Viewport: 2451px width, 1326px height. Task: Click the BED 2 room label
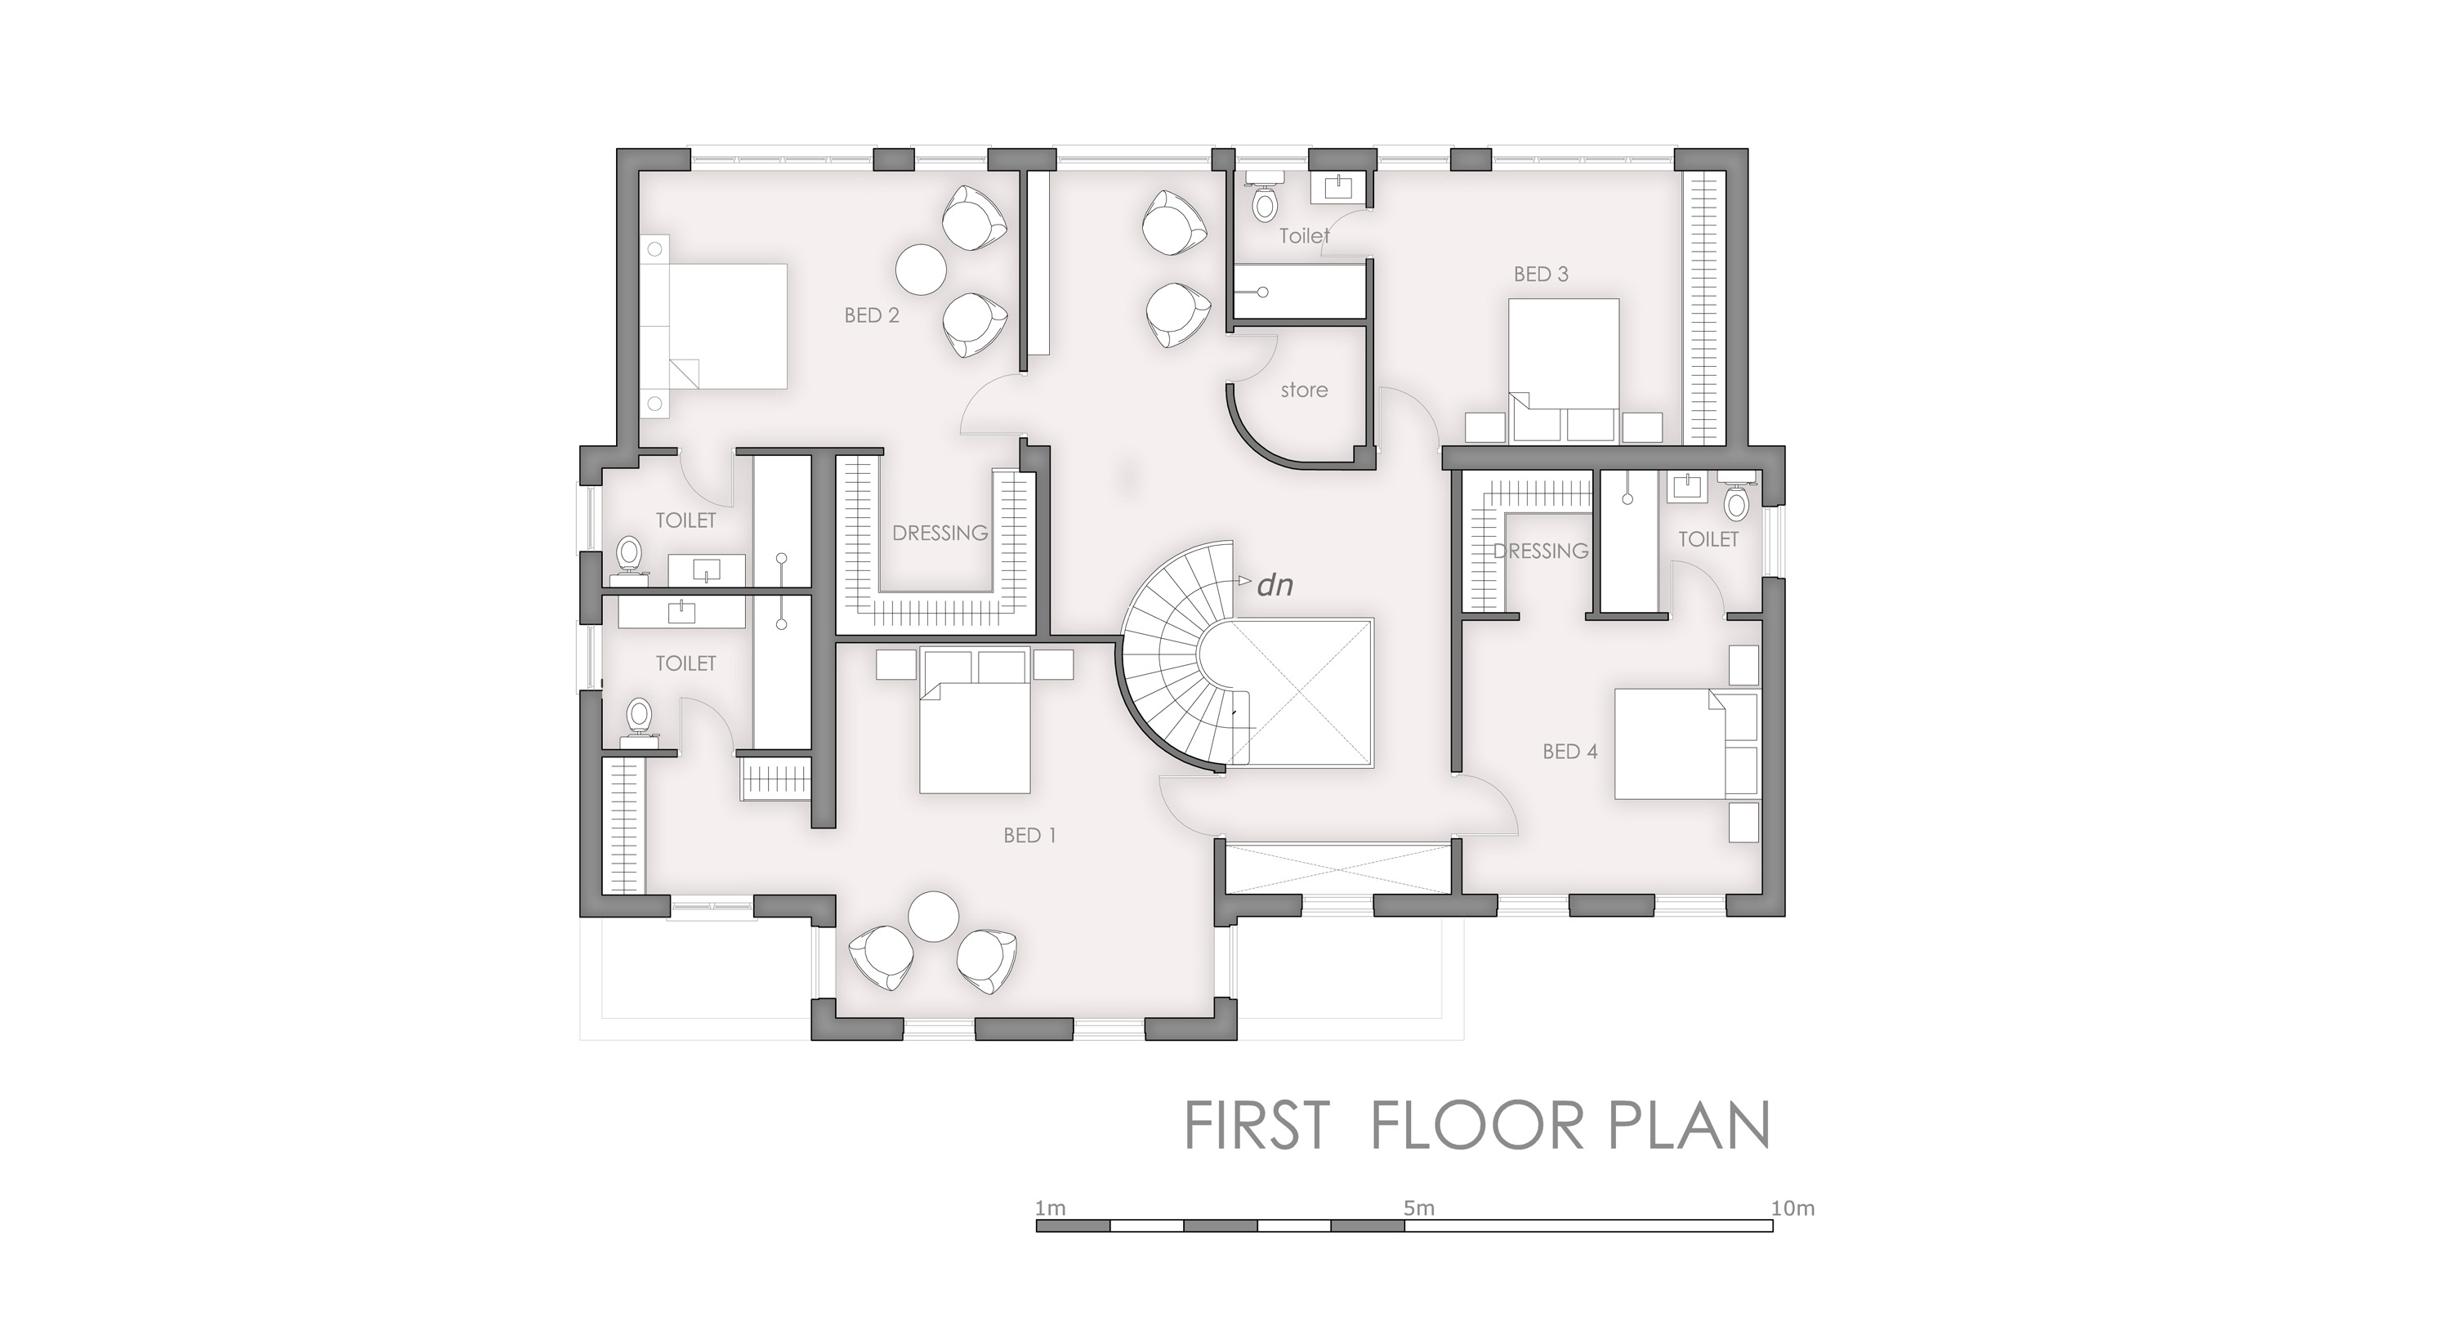coord(872,315)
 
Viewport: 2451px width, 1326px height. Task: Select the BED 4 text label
coord(1570,752)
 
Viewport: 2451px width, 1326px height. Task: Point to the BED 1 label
coord(1029,835)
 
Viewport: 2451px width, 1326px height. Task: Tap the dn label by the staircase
coord(1275,584)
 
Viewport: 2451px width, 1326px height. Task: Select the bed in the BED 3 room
coord(1565,371)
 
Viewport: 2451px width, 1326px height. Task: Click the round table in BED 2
coord(921,270)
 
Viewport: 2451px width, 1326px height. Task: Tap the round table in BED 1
coord(932,916)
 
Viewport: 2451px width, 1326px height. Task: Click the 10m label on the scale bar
coord(1792,1209)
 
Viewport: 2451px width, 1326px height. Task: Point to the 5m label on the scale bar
coord(1418,1209)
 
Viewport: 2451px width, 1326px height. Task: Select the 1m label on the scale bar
coord(1051,1209)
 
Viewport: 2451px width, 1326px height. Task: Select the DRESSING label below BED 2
coord(940,534)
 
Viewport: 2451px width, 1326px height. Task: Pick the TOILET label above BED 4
coord(1708,539)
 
